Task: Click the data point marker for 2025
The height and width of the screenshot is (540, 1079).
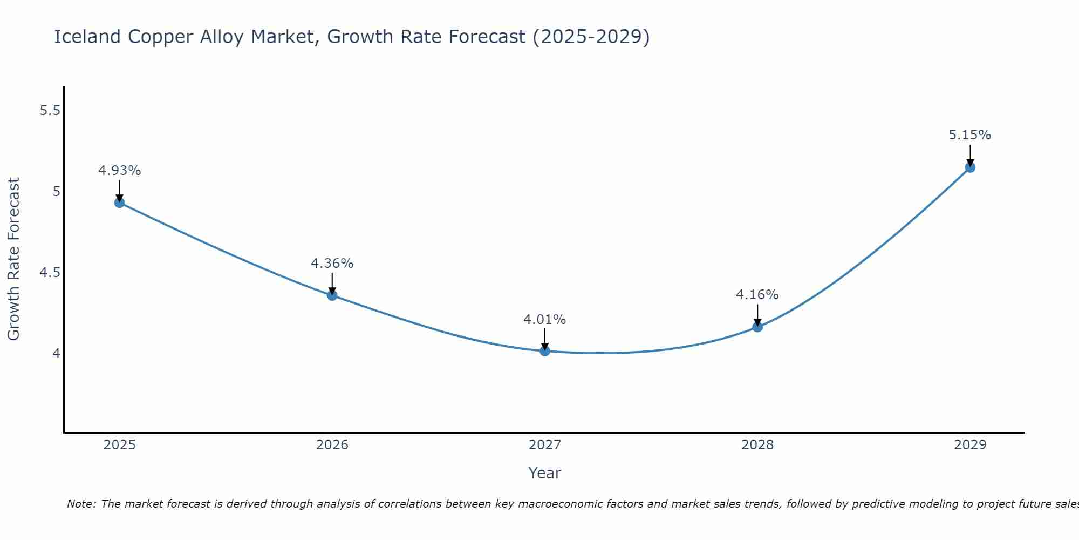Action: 119,202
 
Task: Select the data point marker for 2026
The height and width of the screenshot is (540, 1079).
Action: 332,295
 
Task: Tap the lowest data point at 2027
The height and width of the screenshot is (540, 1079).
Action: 545,351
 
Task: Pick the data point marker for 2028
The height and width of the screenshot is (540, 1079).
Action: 757,327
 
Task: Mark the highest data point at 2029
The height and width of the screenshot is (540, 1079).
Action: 970,167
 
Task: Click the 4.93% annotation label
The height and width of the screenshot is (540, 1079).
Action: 119,171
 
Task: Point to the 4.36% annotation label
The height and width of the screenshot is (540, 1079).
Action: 332,264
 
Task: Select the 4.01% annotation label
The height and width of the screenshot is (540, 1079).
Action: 545,320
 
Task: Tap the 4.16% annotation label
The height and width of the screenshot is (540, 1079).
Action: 757,295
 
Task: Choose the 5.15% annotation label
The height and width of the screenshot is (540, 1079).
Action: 970,135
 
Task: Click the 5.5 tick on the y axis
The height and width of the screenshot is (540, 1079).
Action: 50,111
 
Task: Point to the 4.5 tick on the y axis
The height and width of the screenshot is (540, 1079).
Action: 50,273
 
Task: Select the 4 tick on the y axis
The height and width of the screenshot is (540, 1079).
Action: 56,354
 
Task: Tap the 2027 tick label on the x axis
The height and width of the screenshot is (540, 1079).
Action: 545,445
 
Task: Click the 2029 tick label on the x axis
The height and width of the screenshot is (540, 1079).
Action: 970,445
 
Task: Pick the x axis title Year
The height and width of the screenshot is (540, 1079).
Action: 545,473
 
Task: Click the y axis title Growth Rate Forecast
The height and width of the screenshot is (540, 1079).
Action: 13,259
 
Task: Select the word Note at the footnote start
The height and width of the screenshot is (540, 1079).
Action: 81,504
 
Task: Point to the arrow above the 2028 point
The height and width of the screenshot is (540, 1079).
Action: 757,315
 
